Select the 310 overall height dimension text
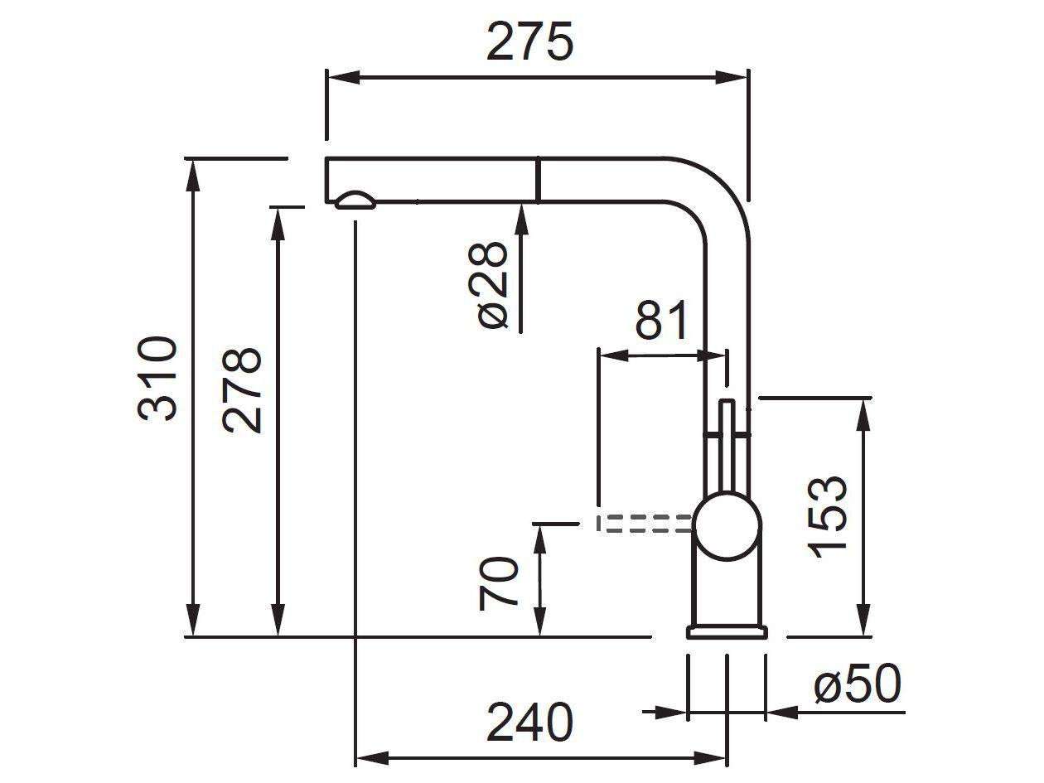(x=157, y=379)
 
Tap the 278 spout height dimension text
(x=243, y=390)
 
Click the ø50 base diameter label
(x=857, y=685)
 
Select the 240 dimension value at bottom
(x=529, y=723)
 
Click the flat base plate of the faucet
(x=727, y=632)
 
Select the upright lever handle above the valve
(x=727, y=447)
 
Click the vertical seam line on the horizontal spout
(x=539, y=180)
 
